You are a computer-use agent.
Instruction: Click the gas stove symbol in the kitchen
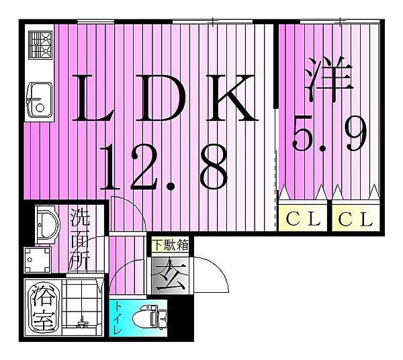point(40,45)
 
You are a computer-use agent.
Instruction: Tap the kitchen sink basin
point(40,100)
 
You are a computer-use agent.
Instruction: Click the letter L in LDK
point(93,97)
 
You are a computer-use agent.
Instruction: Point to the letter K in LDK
point(232,97)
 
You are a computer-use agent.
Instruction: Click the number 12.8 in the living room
point(164,167)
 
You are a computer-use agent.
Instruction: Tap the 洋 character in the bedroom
point(328,79)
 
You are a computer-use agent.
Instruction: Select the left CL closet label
point(303,219)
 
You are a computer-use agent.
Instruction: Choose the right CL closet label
point(355,219)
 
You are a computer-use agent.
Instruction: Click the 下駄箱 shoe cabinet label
point(170,244)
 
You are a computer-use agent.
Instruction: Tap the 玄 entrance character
point(170,275)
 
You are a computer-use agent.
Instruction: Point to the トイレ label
point(118,318)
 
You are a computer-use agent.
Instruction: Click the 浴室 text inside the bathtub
point(44,308)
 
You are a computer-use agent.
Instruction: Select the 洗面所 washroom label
point(80,239)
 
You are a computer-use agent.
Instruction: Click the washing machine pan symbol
point(38,260)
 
